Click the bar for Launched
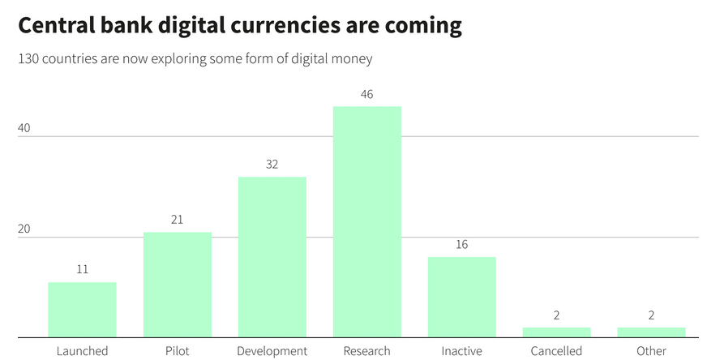pyautogui.click(x=82, y=310)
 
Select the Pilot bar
pyautogui.click(x=178, y=285)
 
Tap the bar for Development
pyautogui.click(x=272, y=257)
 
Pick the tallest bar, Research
pyautogui.click(x=366, y=222)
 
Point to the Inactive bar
pyautogui.click(x=462, y=297)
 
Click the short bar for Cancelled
pyautogui.click(x=556, y=332)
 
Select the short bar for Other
pyautogui.click(x=652, y=332)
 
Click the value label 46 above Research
pyautogui.click(x=366, y=95)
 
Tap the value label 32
pyautogui.click(x=272, y=165)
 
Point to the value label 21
pyautogui.click(x=178, y=220)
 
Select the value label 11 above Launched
pyautogui.click(x=82, y=269)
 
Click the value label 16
pyautogui.click(x=462, y=244)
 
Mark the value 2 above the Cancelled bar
pyautogui.click(x=556, y=315)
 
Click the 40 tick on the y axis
pyautogui.click(x=24, y=128)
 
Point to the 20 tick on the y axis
pyautogui.click(x=24, y=229)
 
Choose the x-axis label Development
pyautogui.click(x=272, y=352)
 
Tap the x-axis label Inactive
pyautogui.click(x=462, y=351)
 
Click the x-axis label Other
pyautogui.click(x=652, y=351)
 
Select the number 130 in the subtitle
pyautogui.click(x=27, y=59)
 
